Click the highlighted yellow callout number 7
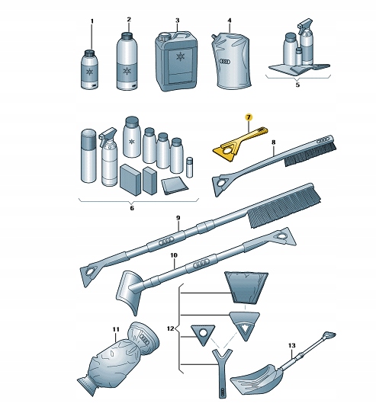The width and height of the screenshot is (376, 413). [x=249, y=117]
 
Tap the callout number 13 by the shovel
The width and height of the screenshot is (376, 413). [x=291, y=345]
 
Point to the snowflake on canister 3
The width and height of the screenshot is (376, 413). [x=180, y=57]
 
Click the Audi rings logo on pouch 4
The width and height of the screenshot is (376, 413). [x=225, y=62]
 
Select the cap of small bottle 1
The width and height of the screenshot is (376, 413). [x=90, y=53]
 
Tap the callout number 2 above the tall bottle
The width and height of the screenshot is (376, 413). [x=129, y=20]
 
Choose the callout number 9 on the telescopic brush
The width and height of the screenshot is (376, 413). [x=178, y=218]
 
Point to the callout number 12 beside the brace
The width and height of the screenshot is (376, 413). [x=171, y=328]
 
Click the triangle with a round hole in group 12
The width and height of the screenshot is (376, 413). [x=203, y=335]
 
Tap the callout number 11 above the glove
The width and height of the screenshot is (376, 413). [x=116, y=329]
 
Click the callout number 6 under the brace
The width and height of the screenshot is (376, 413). [x=132, y=208]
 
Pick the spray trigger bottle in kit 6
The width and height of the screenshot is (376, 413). [x=108, y=158]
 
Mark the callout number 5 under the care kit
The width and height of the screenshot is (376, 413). [x=297, y=85]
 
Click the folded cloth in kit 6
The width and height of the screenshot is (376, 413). [x=175, y=186]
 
